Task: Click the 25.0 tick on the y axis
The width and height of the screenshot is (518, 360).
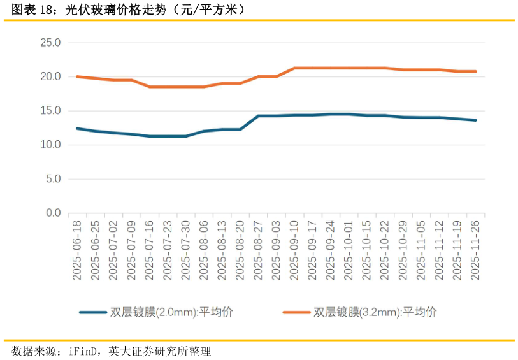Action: pyautogui.click(x=50, y=43)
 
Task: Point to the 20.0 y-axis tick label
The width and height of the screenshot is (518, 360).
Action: pyautogui.click(x=50, y=77)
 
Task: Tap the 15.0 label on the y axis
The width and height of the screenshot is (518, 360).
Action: pyautogui.click(x=50, y=111)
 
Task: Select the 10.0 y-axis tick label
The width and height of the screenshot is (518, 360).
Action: pyautogui.click(x=50, y=145)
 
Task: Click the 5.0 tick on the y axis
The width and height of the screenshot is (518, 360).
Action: pyautogui.click(x=53, y=179)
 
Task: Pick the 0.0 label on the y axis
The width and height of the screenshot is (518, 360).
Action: pyautogui.click(x=53, y=213)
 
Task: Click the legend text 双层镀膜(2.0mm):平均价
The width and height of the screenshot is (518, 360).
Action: pyautogui.click(x=172, y=312)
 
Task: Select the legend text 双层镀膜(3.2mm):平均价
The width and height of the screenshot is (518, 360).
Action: pyautogui.click(x=375, y=312)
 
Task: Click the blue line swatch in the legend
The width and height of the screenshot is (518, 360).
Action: pyautogui.click(x=93, y=312)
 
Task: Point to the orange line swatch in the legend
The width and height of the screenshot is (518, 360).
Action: pyautogui.click(x=296, y=312)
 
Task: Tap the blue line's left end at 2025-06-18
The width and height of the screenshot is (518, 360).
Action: pyautogui.click(x=77, y=128)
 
